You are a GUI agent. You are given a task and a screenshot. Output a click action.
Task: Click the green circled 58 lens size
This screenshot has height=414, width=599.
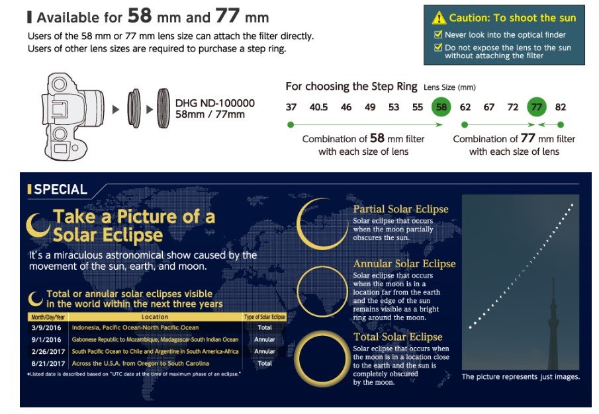pyautogui.click(x=441, y=107)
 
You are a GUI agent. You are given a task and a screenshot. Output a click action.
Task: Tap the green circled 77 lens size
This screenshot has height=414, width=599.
pyautogui.click(x=537, y=107)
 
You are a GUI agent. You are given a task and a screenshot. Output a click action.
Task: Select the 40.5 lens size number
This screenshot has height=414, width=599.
pyautogui.click(x=318, y=107)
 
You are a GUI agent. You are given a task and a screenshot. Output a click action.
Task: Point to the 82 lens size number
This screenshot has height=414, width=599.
pyautogui.click(x=561, y=107)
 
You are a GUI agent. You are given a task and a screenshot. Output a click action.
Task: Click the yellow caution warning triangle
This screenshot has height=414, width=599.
pyautogui.click(x=439, y=18)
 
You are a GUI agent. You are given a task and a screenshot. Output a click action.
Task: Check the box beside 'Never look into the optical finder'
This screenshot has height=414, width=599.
pyautogui.click(x=438, y=34)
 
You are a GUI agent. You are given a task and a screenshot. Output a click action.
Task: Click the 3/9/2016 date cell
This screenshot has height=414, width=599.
pyautogui.click(x=46, y=327)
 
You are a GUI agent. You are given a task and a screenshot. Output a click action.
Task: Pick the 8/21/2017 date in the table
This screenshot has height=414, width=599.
pyautogui.click(x=48, y=363)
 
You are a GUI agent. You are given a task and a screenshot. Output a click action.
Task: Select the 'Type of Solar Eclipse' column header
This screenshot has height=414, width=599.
pyautogui.click(x=265, y=317)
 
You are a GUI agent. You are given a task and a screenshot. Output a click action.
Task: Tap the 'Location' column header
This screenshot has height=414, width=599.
pyautogui.click(x=155, y=317)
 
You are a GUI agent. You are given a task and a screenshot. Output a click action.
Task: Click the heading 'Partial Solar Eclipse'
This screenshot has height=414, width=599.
pyautogui.click(x=400, y=209)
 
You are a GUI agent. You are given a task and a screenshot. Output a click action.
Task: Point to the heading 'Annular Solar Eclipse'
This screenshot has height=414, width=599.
pyautogui.click(x=404, y=264)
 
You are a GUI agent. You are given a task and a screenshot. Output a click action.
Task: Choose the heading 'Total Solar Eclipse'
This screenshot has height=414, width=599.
pyautogui.click(x=398, y=337)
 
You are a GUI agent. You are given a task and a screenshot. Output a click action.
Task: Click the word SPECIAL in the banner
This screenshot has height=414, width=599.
pyautogui.click(x=61, y=189)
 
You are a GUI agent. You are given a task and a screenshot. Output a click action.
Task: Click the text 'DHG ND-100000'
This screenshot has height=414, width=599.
pyautogui.click(x=214, y=103)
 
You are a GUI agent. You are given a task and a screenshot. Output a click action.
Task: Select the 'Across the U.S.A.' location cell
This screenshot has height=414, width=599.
pyautogui.click(x=140, y=363)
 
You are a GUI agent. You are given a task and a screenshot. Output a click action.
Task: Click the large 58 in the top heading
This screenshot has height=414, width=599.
pyautogui.click(x=140, y=16)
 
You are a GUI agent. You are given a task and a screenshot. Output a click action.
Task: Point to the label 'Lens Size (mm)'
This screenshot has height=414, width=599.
pyautogui.click(x=449, y=87)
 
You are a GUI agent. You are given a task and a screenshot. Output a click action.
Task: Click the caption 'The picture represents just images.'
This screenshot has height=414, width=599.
pyautogui.click(x=521, y=376)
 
